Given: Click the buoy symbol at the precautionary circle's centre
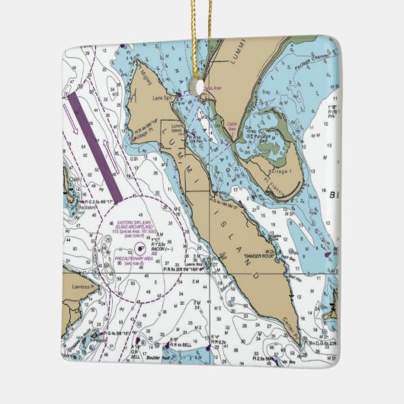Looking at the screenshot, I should pos(139,248).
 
